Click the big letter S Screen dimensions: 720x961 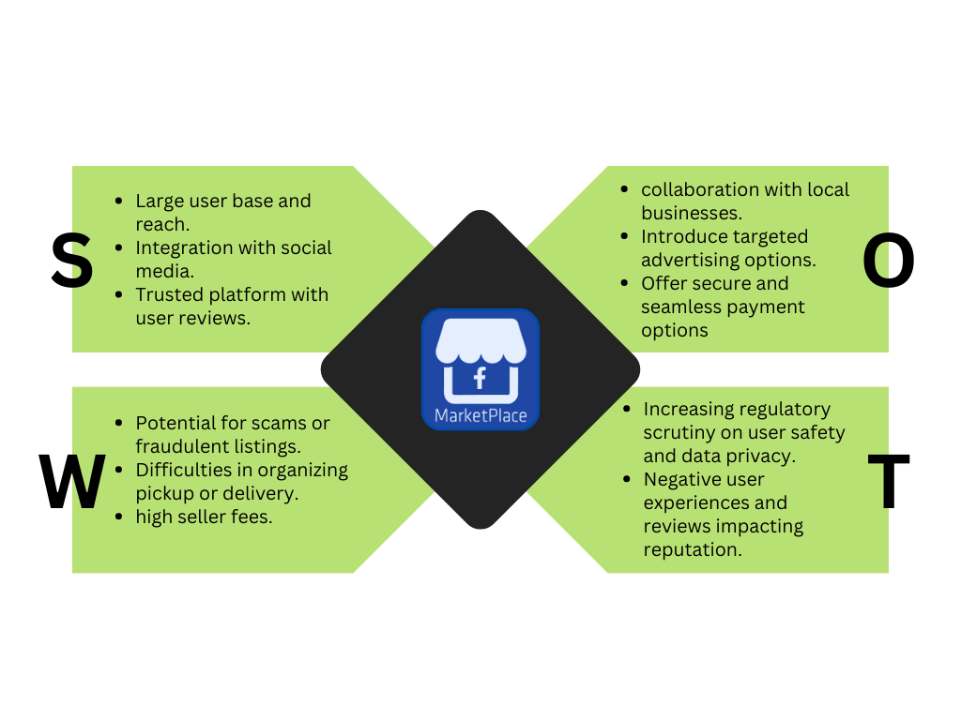72,261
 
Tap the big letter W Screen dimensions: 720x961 72,482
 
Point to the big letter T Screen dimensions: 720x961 888,482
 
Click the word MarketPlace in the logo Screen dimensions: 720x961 480,415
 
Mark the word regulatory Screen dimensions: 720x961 785,410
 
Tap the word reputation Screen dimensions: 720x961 693,550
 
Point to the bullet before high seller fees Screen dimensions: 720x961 118,517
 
